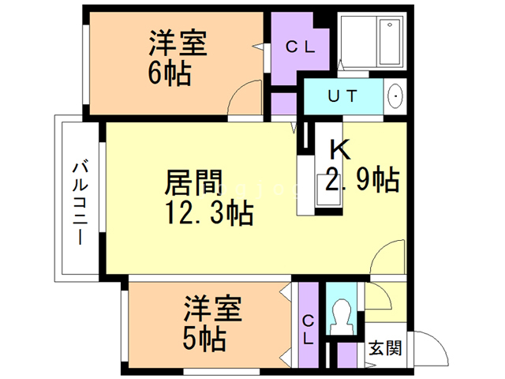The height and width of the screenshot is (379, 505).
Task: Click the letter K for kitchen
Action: click(x=339, y=148)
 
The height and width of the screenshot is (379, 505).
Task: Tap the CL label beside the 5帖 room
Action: click(x=309, y=329)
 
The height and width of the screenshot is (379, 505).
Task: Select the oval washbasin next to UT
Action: click(x=395, y=97)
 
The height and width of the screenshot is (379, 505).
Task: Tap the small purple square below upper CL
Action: click(x=283, y=103)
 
